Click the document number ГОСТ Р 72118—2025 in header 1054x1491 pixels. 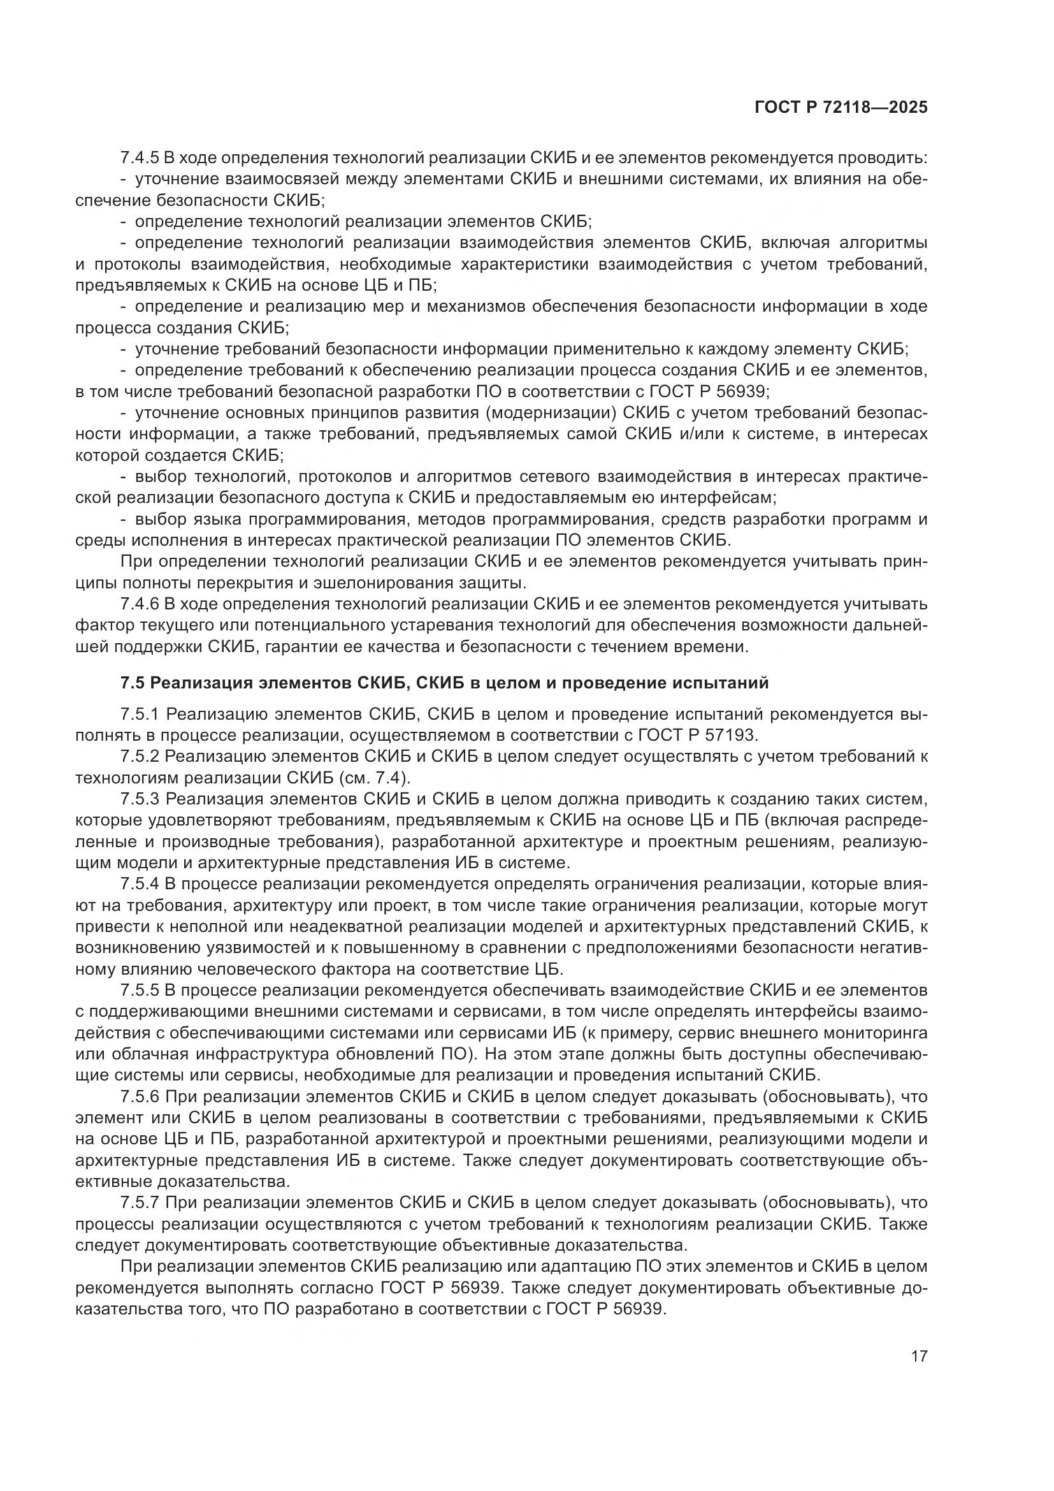tap(841, 108)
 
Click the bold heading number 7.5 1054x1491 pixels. tap(133, 683)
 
